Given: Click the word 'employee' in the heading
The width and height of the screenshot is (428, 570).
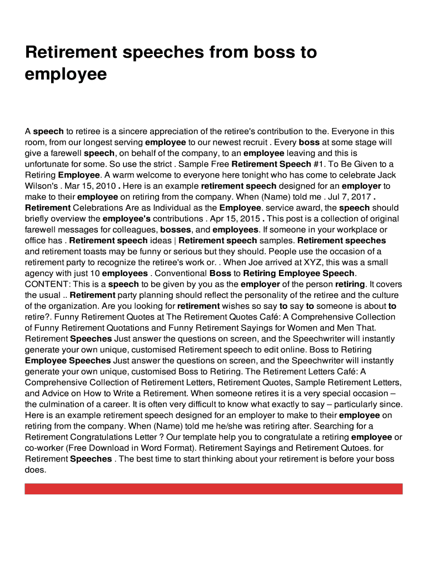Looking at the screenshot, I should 66,74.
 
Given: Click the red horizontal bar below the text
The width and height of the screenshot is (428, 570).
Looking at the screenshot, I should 213,489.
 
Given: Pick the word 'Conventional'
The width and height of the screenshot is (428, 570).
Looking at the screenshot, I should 180,273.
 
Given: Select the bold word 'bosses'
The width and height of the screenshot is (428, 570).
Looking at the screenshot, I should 175,229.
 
